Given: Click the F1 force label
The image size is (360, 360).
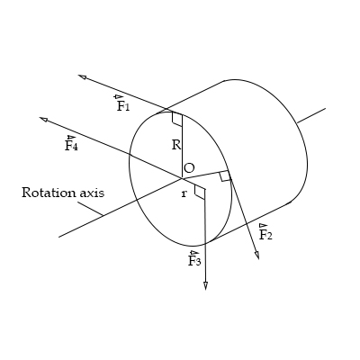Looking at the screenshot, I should coord(122,104).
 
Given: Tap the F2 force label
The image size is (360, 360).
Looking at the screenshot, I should coord(265,234).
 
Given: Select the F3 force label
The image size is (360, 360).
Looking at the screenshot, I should coord(194,260).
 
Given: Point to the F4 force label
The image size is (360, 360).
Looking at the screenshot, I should coord(71,144).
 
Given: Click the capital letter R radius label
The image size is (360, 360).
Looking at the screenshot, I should coord(176,144).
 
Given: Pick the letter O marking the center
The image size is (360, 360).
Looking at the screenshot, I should coord(188,168).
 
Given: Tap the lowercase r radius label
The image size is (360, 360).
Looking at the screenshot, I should coord(184,193).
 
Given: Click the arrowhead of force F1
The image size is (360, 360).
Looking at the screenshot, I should coord(82,77).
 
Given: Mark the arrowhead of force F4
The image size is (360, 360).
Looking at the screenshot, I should coord(43,119).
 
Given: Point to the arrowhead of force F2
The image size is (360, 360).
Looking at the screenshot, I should coord(256,256).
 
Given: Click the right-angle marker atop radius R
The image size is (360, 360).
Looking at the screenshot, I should coord(176,119).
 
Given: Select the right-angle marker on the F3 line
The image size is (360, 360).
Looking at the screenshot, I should coord(200,191).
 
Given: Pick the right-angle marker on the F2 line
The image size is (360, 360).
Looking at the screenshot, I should coord(225,175).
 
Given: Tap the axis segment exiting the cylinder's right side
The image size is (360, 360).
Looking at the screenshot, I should coord(310,115).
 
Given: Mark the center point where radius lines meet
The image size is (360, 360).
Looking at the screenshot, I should coord(181,177).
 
